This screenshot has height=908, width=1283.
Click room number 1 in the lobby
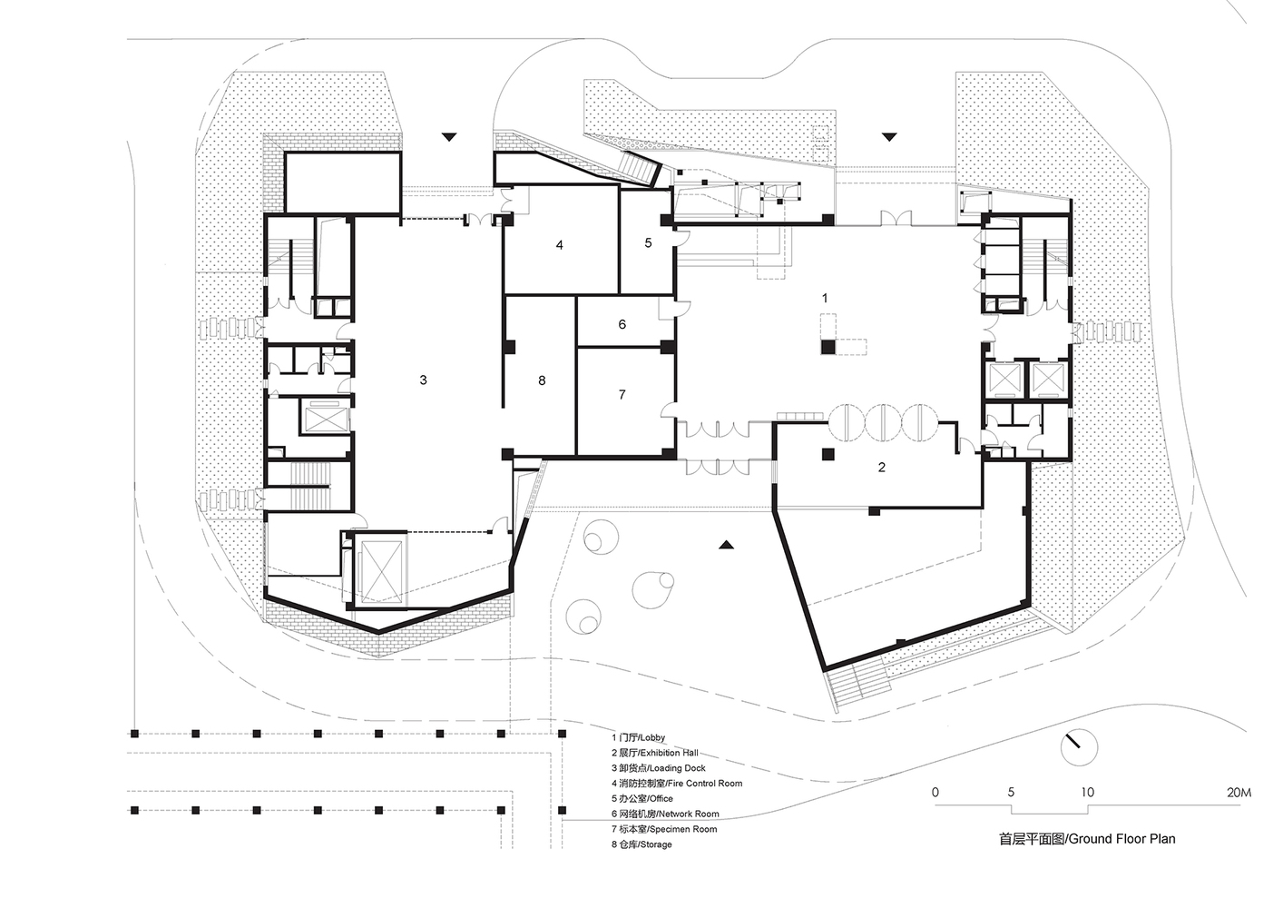pyautogui.click(x=825, y=298)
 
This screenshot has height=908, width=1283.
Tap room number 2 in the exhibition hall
pyautogui.click(x=881, y=468)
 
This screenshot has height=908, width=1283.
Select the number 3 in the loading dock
pyautogui.click(x=423, y=380)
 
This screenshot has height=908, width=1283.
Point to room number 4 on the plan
pyautogui.click(x=560, y=245)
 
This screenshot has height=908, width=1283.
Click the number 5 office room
pyautogui.click(x=648, y=243)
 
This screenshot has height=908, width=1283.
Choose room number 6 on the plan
pyautogui.click(x=622, y=324)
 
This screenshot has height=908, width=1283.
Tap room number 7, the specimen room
pyautogui.click(x=622, y=394)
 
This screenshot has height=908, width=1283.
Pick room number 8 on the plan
pyautogui.click(x=542, y=380)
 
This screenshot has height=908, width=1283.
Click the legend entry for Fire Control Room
pyautogui.click(x=677, y=783)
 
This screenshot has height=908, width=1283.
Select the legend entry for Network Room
pyautogui.click(x=666, y=814)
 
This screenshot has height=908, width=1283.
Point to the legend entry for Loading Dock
pyautogui.click(x=659, y=768)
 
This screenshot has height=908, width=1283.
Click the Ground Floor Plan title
pyautogui.click(x=1087, y=839)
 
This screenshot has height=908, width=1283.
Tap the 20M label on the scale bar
pyautogui.click(x=1239, y=792)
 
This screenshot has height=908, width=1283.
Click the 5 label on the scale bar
pyautogui.click(x=1011, y=792)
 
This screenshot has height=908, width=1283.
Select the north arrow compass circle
pyautogui.click(x=1079, y=747)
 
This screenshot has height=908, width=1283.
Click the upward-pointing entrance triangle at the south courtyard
pyautogui.click(x=726, y=545)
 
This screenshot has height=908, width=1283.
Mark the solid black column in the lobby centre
pyautogui.click(x=828, y=347)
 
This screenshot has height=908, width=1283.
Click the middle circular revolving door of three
pyautogui.click(x=883, y=422)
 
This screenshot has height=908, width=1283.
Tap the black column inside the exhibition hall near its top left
pyautogui.click(x=828, y=455)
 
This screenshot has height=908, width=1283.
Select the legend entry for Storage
pyautogui.click(x=641, y=844)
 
